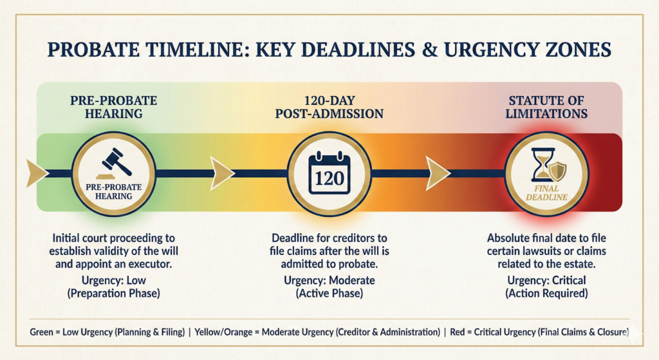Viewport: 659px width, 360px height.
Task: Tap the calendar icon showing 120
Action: point(328,172)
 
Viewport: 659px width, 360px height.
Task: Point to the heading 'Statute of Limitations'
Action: point(548,107)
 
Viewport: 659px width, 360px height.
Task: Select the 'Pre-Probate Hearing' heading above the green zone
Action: point(113,107)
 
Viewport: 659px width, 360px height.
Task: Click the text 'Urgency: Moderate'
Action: point(329,281)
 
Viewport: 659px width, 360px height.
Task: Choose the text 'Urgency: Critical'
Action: point(548,281)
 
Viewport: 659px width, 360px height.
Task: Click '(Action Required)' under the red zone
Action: point(548,294)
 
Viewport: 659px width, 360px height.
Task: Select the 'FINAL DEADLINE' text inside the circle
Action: point(548,193)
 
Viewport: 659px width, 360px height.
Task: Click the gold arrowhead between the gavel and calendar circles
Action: point(222,173)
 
